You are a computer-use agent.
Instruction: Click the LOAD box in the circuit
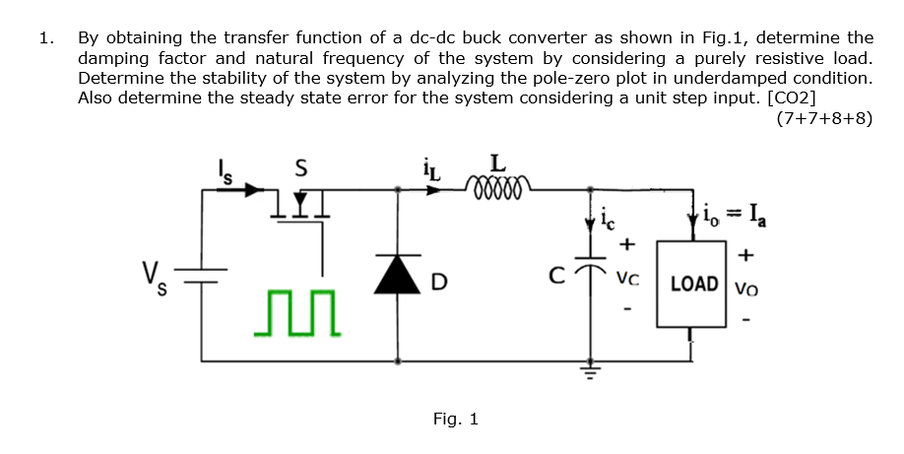(x=694, y=285)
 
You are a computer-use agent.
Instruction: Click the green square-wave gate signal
(x=296, y=313)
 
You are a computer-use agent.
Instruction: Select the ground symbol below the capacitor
(x=591, y=372)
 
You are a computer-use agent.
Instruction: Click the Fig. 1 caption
(x=455, y=420)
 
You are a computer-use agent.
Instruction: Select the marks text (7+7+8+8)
(x=823, y=119)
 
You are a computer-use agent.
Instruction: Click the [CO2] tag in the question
(x=785, y=97)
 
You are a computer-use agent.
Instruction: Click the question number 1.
(x=44, y=38)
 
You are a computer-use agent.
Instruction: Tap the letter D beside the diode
(x=440, y=286)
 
